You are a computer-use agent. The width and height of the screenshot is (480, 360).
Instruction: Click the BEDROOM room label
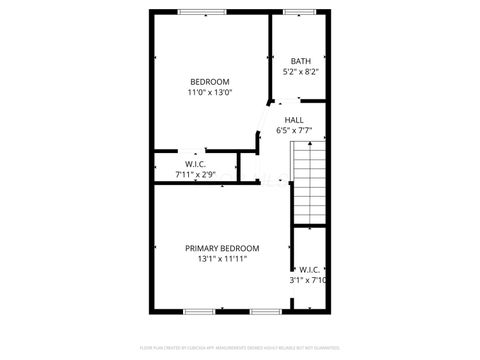210,82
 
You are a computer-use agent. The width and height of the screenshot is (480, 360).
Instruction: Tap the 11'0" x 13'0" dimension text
210,93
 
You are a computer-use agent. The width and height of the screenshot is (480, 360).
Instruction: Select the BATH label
300,61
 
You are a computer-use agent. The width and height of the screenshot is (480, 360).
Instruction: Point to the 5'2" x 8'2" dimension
300,72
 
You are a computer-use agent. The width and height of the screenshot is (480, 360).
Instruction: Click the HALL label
294,120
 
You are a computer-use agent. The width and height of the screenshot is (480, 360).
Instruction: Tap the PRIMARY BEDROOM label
222,248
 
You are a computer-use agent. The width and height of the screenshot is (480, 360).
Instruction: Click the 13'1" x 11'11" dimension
222,259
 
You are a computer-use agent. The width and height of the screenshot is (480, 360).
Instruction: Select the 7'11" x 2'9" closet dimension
195,174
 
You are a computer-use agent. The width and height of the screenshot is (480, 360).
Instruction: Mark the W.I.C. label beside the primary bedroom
308,269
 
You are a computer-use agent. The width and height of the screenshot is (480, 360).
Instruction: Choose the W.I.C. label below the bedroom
195,164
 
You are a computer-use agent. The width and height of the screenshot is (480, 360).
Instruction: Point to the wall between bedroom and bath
272,55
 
